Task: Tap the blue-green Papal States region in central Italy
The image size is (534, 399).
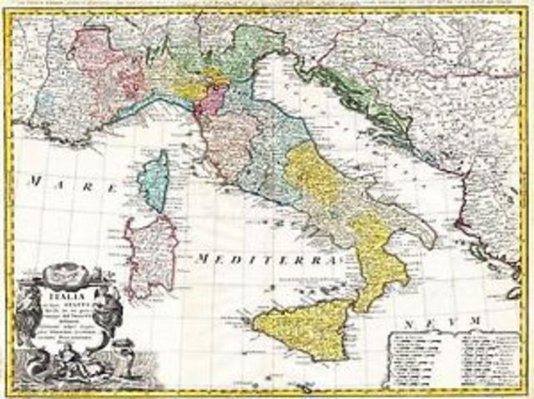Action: [275, 150]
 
